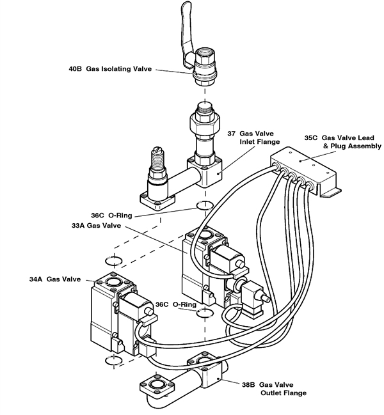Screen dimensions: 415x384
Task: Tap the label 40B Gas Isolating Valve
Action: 111,68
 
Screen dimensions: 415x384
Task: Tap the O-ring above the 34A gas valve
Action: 113,261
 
